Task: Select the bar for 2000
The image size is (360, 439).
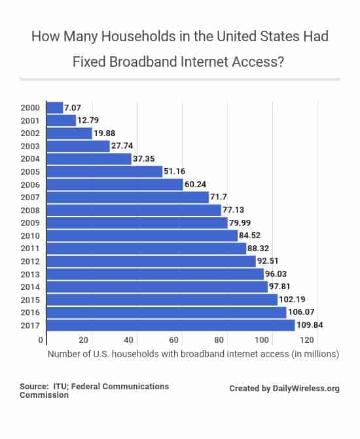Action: (55, 108)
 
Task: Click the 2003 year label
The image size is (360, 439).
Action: (30, 146)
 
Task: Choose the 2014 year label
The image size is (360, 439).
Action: (30, 287)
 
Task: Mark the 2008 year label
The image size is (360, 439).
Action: (30, 210)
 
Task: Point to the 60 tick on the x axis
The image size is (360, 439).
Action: (173, 340)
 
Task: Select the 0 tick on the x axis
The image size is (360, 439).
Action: (41, 340)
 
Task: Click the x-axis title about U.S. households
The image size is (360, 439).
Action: (192, 355)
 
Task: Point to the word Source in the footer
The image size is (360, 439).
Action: (33, 387)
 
